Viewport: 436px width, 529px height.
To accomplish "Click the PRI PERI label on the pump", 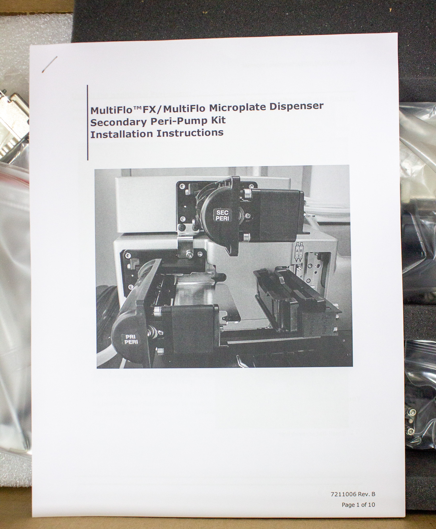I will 131,340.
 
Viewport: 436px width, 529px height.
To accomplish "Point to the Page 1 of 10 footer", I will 358,504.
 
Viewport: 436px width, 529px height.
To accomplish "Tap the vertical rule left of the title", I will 88,122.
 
